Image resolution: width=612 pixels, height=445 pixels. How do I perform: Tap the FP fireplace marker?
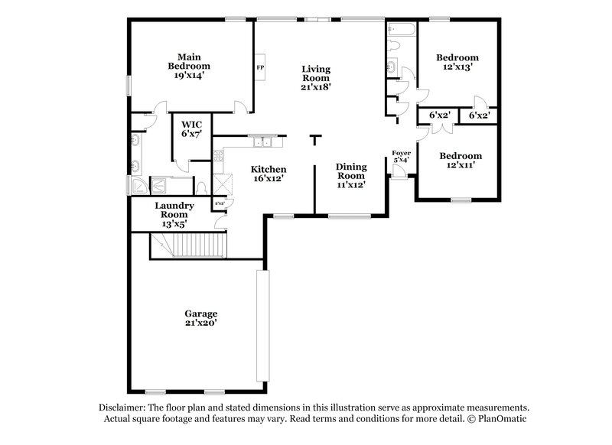point(259,66)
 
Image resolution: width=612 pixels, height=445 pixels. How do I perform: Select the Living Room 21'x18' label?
point(314,78)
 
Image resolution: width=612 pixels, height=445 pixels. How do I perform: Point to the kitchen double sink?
point(263,141)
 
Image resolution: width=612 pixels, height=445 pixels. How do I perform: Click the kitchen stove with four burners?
point(218,159)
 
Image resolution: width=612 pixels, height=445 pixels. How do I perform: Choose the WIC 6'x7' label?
point(191,128)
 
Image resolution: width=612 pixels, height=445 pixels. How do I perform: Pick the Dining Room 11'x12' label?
point(351,175)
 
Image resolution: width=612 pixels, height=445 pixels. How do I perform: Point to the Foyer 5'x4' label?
point(402,157)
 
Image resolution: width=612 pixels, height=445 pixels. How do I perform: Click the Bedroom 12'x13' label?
point(457,62)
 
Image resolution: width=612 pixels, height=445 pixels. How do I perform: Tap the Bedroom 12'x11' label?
point(460,161)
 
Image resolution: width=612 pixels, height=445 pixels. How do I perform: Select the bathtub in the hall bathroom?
point(402,31)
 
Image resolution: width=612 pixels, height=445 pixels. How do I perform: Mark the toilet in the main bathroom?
point(200,186)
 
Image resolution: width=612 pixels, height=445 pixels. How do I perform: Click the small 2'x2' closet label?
point(220,203)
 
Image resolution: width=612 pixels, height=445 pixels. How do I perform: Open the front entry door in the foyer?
point(399,171)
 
